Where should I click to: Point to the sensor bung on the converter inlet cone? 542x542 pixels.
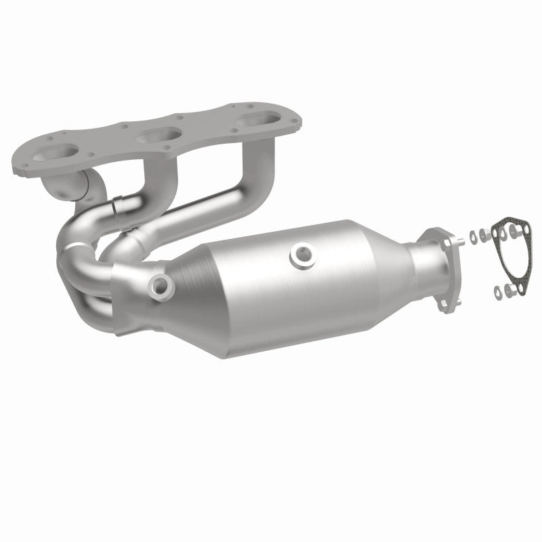[162, 285]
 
